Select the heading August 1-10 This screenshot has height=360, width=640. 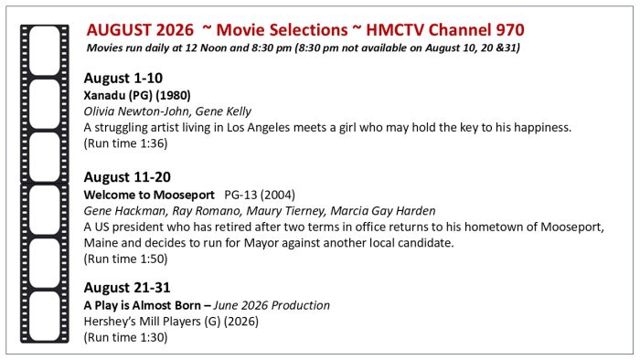point(123,78)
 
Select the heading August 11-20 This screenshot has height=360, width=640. point(127,177)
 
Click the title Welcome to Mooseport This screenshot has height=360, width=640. point(149,195)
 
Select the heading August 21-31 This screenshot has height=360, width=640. point(127,288)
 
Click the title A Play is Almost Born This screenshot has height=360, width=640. point(143,305)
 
